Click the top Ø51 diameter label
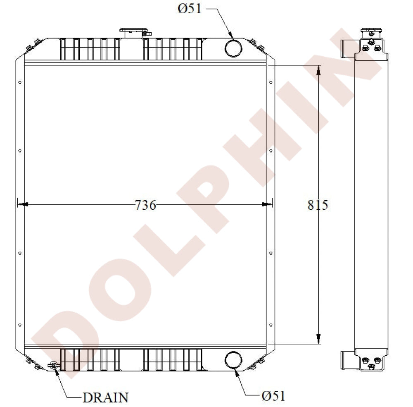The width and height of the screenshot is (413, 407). pos(190,9)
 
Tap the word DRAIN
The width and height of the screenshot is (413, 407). pos(105,397)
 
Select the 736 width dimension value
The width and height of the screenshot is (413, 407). pos(145,205)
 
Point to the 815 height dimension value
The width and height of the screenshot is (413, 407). pos(318,205)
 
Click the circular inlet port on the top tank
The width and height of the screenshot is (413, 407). pos(233,48)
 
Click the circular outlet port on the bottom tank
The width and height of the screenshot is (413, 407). pos(233,359)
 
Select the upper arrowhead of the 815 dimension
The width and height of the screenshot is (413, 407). pos(318,71)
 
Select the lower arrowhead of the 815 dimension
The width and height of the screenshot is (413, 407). pos(318,338)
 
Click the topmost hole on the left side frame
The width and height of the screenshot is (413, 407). pos(20,83)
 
